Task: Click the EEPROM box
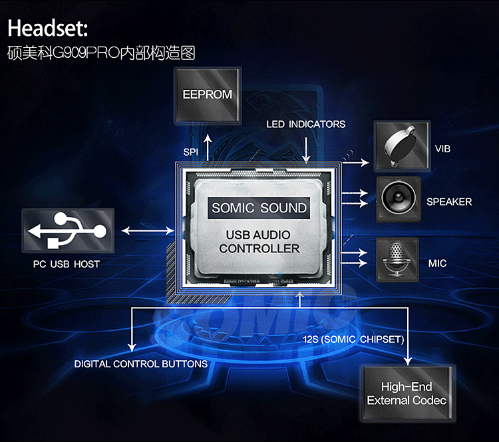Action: [x=208, y=95]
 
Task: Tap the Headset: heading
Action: [x=48, y=28]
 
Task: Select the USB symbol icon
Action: [x=68, y=230]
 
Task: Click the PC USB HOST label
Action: [x=67, y=264]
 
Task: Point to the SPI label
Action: [x=191, y=152]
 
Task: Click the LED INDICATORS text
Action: [x=306, y=124]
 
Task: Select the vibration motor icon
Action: [x=402, y=146]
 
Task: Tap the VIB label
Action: [x=442, y=148]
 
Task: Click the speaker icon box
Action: [x=399, y=200]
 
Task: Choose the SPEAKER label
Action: [x=449, y=202]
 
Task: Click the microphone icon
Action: [x=397, y=260]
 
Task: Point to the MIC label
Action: [x=437, y=264]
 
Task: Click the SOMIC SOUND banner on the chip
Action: [x=259, y=208]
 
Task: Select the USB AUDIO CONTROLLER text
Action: [x=259, y=242]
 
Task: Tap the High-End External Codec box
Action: [x=407, y=393]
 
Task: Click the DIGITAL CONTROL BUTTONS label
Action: [x=140, y=363]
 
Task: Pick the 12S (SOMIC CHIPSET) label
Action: [x=353, y=339]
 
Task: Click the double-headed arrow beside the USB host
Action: [x=148, y=230]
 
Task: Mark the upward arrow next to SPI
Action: [x=208, y=147]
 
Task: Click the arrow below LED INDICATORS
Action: [x=306, y=150]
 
